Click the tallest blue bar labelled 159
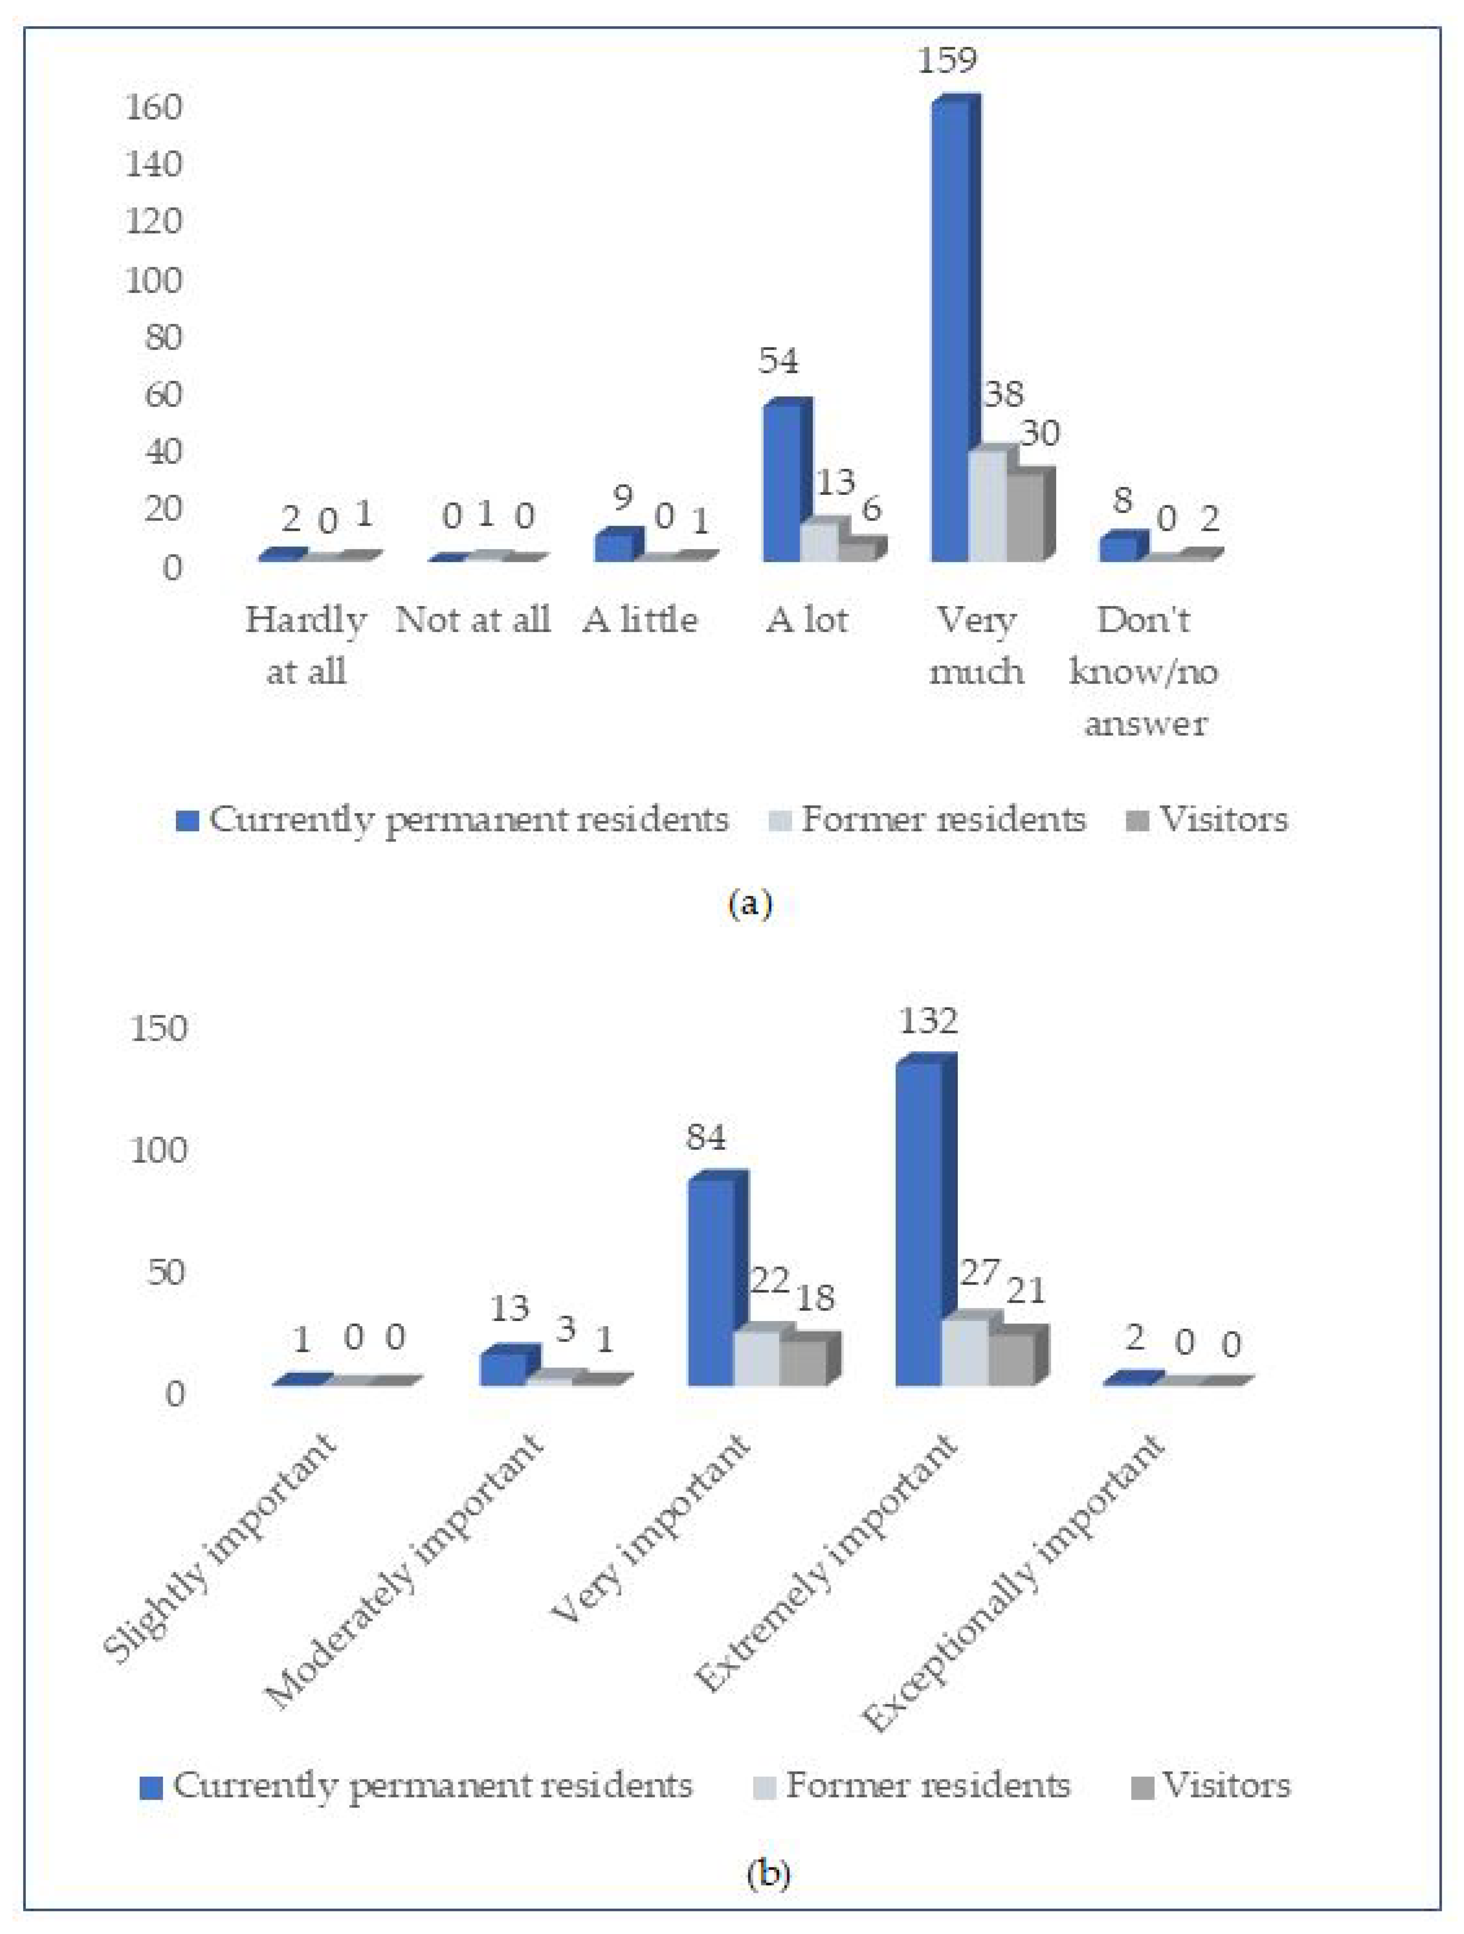click(950, 332)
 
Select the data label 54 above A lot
click(778, 360)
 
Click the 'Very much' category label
click(976, 645)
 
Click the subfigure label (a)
click(750, 903)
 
